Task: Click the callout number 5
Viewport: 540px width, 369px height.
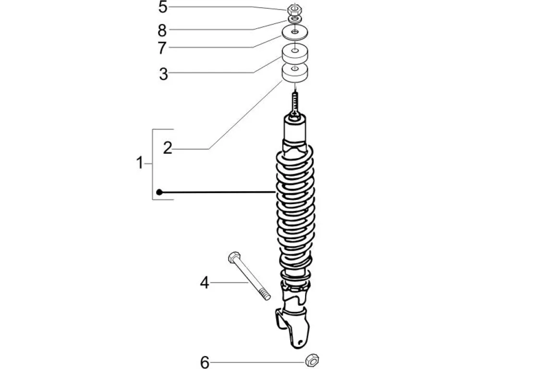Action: [163, 7]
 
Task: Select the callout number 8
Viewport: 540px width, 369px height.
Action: [162, 30]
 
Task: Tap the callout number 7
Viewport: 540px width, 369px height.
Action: [163, 48]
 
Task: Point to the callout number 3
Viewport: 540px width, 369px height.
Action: [163, 74]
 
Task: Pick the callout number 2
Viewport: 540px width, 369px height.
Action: [167, 148]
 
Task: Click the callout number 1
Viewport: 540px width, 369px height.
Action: [139, 163]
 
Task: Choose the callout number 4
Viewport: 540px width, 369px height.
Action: [205, 283]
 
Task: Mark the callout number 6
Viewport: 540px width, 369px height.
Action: [205, 362]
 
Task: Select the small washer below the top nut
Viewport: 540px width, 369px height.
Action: [295, 19]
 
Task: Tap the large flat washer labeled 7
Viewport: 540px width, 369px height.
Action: [295, 33]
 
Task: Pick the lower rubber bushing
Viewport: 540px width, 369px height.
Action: [295, 73]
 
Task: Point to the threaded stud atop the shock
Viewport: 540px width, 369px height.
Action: [295, 102]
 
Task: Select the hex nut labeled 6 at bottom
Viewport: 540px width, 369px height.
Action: [313, 359]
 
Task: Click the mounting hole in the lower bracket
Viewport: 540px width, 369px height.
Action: [300, 343]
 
